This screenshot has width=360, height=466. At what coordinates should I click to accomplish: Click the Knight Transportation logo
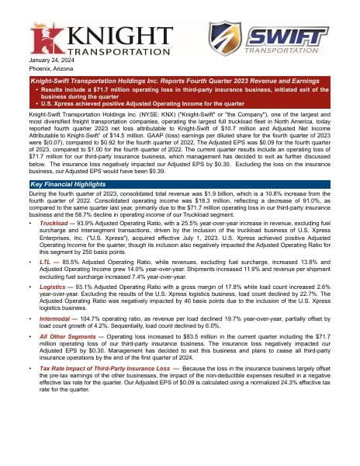92,39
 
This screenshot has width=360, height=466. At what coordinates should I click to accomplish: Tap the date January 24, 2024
50,61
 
